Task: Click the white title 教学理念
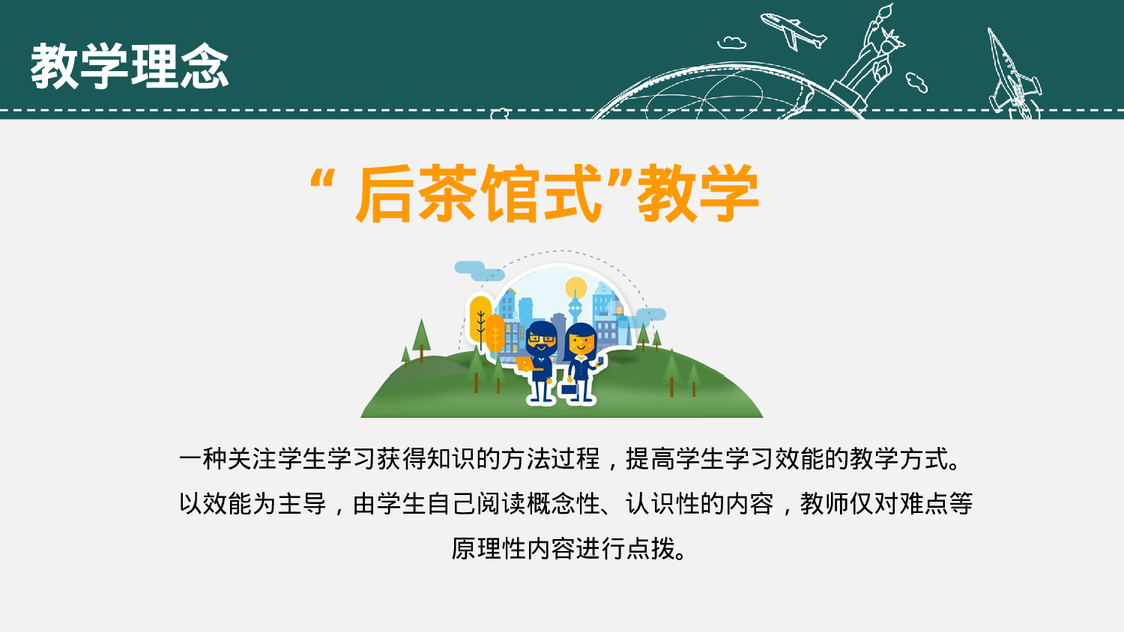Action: pos(129,67)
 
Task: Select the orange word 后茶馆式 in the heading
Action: pos(480,194)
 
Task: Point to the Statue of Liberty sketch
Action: pos(873,56)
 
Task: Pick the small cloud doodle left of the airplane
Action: pos(731,43)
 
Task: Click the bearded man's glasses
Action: pos(541,339)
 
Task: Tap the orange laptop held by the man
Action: pos(525,364)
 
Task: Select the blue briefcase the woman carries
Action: pos(569,389)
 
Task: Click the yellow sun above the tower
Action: pos(575,288)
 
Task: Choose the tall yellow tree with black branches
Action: pos(480,317)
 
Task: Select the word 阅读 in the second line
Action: pos(501,503)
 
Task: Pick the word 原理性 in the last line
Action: pos(489,548)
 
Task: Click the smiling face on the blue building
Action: pos(604,288)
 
